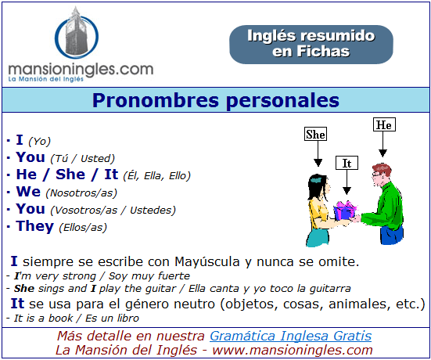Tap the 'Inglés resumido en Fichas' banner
[x=311, y=45]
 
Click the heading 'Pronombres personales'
[x=216, y=100]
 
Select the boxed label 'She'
[x=315, y=134]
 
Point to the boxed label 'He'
[x=384, y=124]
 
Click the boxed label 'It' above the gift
[x=347, y=163]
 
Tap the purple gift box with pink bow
[x=345, y=210]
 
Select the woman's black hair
[x=316, y=187]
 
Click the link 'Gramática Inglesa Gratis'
[x=290, y=336]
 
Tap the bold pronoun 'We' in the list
[x=28, y=192]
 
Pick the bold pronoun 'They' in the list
[x=35, y=226]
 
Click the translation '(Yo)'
[x=40, y=142]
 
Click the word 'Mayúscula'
[x=207, y=261]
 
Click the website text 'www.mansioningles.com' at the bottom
[x=293, y=351]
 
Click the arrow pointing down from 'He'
[x=383, y=144]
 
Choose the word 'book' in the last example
[x=60, y=319]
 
